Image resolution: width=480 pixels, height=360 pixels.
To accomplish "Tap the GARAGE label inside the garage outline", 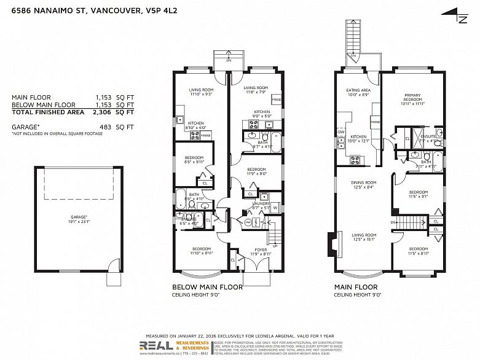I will point(79,217).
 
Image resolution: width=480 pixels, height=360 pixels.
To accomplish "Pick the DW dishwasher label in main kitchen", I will point(340,131).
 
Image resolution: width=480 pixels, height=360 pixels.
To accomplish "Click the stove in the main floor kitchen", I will point(355,161).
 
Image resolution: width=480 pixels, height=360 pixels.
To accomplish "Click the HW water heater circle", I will point(248,222).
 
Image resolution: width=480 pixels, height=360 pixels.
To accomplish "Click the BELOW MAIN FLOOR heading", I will point(207,287).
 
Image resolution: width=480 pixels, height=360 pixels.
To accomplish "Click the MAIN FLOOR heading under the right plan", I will point(356,287).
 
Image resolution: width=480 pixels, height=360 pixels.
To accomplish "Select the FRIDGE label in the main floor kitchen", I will point(375,122).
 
